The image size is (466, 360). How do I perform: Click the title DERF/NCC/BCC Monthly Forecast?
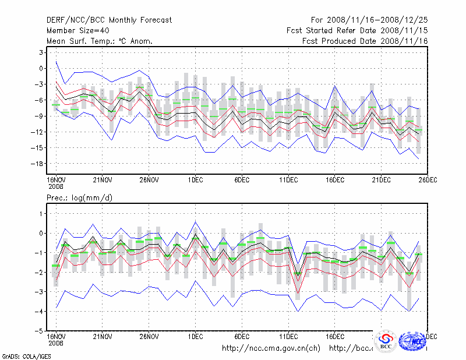(109, 20)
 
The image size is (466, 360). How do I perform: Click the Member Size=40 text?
(77, 30)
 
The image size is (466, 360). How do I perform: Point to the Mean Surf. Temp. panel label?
(100, 41)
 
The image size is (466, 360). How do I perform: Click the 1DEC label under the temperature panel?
(195, 180)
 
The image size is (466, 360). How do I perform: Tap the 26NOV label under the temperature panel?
(149, 180)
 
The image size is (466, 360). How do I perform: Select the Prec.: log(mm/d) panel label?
(80, 199)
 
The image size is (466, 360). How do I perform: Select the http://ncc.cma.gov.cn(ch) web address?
(271, 348)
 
